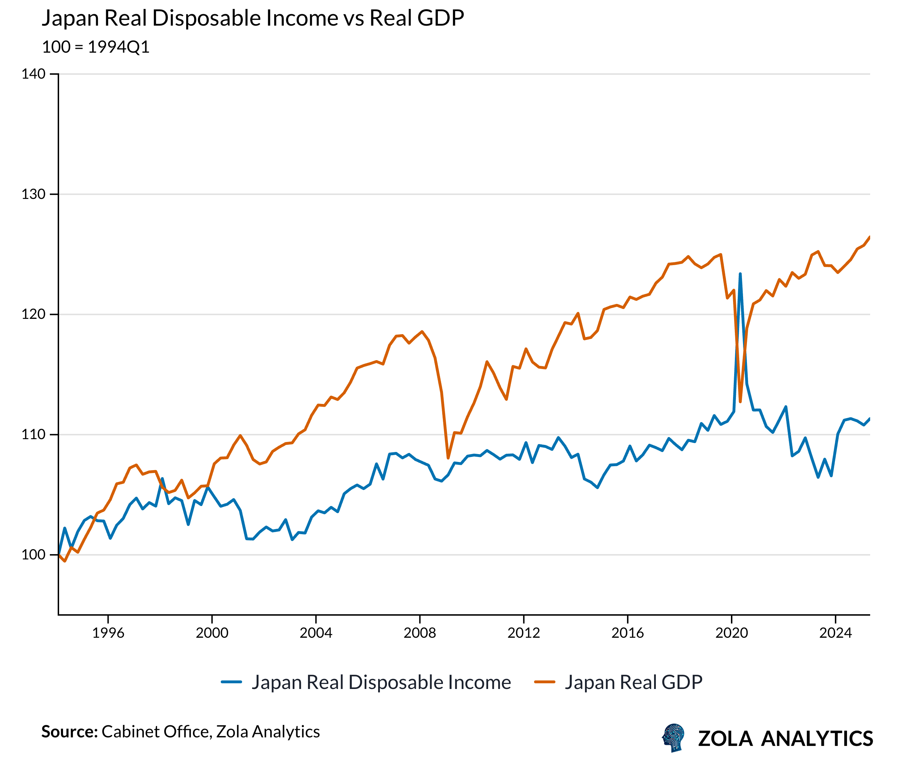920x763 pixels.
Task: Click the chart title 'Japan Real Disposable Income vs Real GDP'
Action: coord(253,19)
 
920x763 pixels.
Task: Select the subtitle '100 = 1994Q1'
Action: coord(95,47)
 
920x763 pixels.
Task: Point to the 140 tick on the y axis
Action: coord(34,74)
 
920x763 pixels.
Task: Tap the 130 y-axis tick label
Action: coord(34,194)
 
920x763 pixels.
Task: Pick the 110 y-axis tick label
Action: coord(34,435)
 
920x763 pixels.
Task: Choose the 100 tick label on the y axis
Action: coord(34,554)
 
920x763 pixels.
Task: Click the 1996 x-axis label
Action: coord(108,633)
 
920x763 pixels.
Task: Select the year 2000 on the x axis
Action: coord(212,633)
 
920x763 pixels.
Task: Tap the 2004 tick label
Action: coord(316,633)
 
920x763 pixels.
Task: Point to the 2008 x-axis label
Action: coord(420,633)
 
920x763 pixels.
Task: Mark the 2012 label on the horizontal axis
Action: coord(523,633)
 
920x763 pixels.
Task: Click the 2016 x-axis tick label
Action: coord(627,633)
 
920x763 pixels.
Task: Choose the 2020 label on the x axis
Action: coord(732,633)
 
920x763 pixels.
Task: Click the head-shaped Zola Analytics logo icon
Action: coord(673,738)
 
